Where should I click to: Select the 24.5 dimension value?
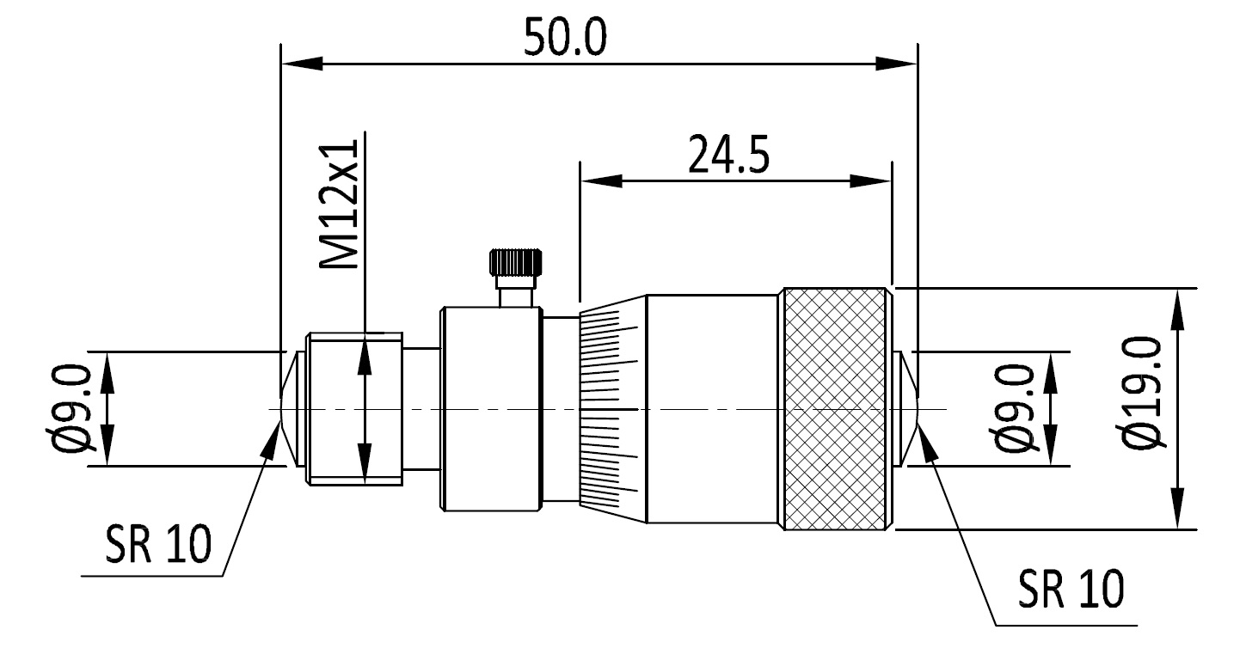coord(727,155)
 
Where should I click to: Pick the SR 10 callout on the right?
coord(1071,589)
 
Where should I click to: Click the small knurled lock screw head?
coord(516,262)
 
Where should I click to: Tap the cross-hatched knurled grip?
coord(835,409)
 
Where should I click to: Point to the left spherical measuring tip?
coord(289,409)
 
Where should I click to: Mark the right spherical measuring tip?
coord(908,409)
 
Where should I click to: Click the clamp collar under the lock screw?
coord(490,409)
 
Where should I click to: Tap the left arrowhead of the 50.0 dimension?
coord(301,64)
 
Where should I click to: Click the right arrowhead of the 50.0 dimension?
coord(898,64)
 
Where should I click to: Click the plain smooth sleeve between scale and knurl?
coord(712,409)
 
